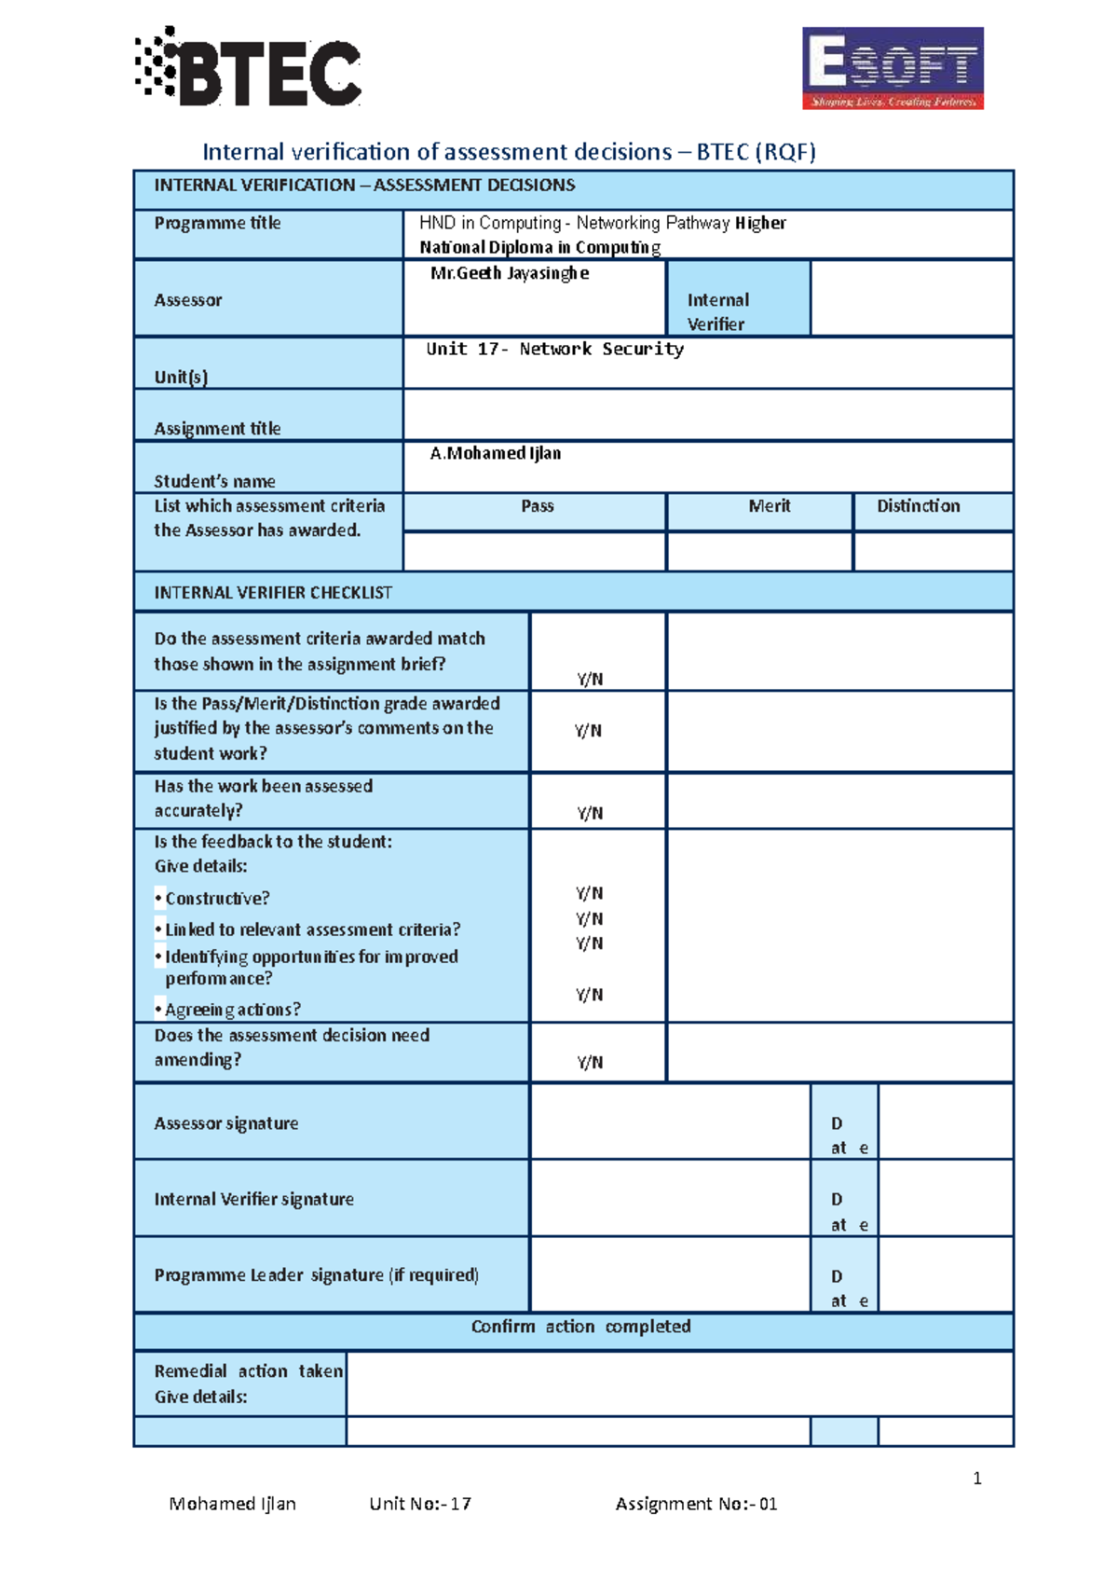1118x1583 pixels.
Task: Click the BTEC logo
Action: [x=249, y=68]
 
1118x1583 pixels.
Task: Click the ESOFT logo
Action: [x=893, y=68]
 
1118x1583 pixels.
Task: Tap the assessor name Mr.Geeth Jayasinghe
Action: [x=509, y=273]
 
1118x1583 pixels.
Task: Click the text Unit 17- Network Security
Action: [x=554, y=349]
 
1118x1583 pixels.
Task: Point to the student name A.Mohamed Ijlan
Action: [x=495, y=453]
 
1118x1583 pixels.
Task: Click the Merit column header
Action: [x=769, y=506]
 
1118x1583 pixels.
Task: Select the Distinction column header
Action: [x=918, y=506]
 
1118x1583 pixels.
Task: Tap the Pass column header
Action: [x=537, y=506]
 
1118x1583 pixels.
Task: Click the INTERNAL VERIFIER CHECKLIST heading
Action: [x=273, y=593]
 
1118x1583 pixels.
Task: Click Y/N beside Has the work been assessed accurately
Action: [x=590, y=813]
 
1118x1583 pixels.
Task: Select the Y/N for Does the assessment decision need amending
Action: [x=590, y=1062]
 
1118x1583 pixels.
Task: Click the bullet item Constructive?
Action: [x=216, y=899]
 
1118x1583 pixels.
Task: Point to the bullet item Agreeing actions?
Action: [x=232, y=1010]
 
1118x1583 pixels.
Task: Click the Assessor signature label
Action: [x=226, y=1123]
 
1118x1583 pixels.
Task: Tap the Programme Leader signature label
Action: [x=316, y=1274]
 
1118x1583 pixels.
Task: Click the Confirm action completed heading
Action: [x=580, y=1327]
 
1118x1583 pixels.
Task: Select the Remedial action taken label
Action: [x=248, y=1371]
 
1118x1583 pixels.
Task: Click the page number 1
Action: [x=976, y=1479]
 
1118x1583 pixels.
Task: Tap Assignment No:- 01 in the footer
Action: [x=696, y=1504]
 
